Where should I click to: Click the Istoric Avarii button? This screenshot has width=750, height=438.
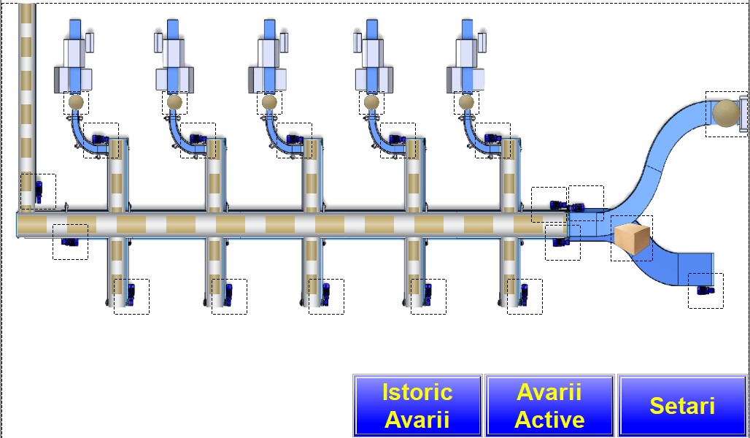pyautogui.click(x=417, y=405)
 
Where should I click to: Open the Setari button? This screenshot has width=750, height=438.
pyautogui.click(x=682, y=405)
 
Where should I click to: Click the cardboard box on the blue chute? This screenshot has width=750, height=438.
pyautogui.click(x=631, y=239)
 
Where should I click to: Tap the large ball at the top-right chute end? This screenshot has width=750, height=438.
pyautogui.click(x=726, y=113)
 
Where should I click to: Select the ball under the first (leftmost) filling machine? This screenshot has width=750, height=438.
pyautogui.click(x=76, y=102)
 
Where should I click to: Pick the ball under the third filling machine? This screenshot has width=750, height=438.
pyautogui.click(x=269, y=102)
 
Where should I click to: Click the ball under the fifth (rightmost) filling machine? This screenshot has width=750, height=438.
pyautogui.click(x=466, y=102)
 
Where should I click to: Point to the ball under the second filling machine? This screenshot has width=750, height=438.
pyautogui.click(x=174, y=102)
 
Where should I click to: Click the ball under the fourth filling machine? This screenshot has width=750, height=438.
pyautogui.click(x=371, y=102)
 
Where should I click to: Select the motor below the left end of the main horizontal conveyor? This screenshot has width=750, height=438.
pyautogui.click(x=70, y=241)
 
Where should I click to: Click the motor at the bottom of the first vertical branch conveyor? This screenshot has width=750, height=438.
pyautogui.click(x=131, y=295)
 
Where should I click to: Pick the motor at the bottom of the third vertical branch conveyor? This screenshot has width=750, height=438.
pyautogui.click(x=326, y=295)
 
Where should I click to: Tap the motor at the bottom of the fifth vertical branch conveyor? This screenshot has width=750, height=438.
pyautogui.click(x=524, y=295)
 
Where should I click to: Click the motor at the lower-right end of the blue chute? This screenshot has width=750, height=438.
pyautogui.click(x=705, y=290)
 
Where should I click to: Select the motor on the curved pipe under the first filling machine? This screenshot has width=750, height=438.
pyautogui.click(x=101, y=139)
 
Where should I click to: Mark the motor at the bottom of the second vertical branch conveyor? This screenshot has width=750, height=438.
pyautogui.click(x=228, y=295)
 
